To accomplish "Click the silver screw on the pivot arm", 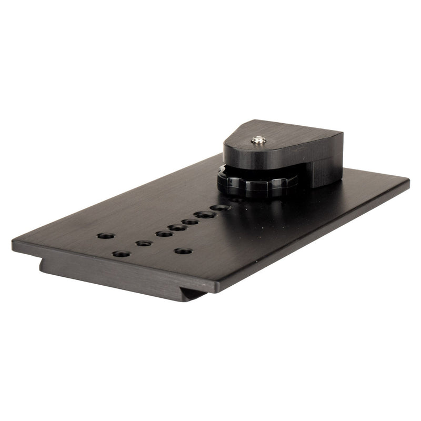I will pos(258,140).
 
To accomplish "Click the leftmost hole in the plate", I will pos(105,235).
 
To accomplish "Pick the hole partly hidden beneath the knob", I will pos(236,200).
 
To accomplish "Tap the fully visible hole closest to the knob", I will pos(220,207).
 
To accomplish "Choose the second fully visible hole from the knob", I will pos(205,214).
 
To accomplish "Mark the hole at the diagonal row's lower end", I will pos(144,243).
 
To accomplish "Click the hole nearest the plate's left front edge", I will pos(121,254).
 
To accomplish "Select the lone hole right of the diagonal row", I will pos(183,251).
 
